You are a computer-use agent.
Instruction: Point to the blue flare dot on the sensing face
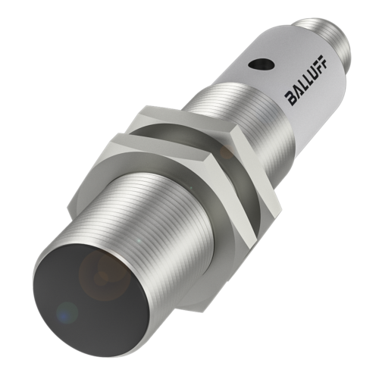[x=67, y=312]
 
